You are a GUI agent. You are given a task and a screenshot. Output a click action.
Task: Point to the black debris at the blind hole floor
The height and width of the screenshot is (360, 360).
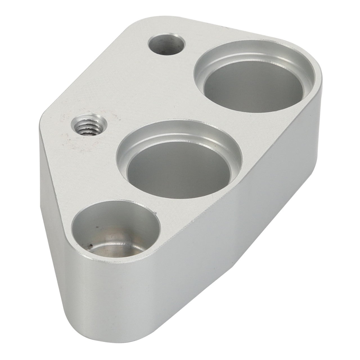(90, 247)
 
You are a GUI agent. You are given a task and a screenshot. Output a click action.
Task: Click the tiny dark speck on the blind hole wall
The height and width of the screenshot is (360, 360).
(97, 227)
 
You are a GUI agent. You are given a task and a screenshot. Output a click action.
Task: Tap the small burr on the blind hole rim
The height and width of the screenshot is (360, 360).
(154, 211)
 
